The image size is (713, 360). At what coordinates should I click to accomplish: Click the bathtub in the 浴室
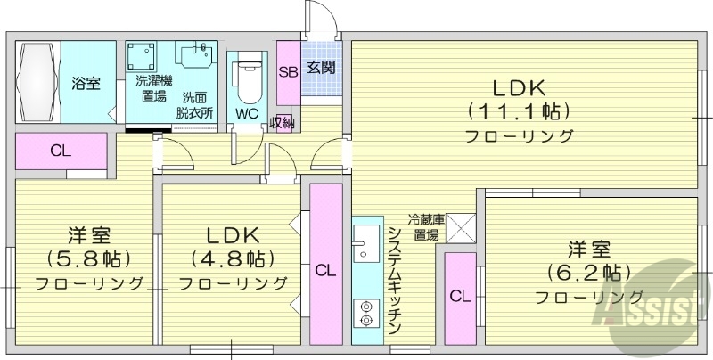click(37, 83)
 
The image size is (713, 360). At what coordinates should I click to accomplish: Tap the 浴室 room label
click(86, 84)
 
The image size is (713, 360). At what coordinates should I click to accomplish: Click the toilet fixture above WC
click(247, 80)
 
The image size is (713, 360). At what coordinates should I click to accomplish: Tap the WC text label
click(247, 114)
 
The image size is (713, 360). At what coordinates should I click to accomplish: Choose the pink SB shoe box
click(288, 72)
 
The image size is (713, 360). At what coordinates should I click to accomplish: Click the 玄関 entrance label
click(322, 66)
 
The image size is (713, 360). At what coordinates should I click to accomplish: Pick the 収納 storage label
click(283, 123)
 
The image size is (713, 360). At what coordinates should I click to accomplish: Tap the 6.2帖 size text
click(587, 271)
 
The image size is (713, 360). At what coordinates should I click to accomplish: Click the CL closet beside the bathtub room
click(60, 151)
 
